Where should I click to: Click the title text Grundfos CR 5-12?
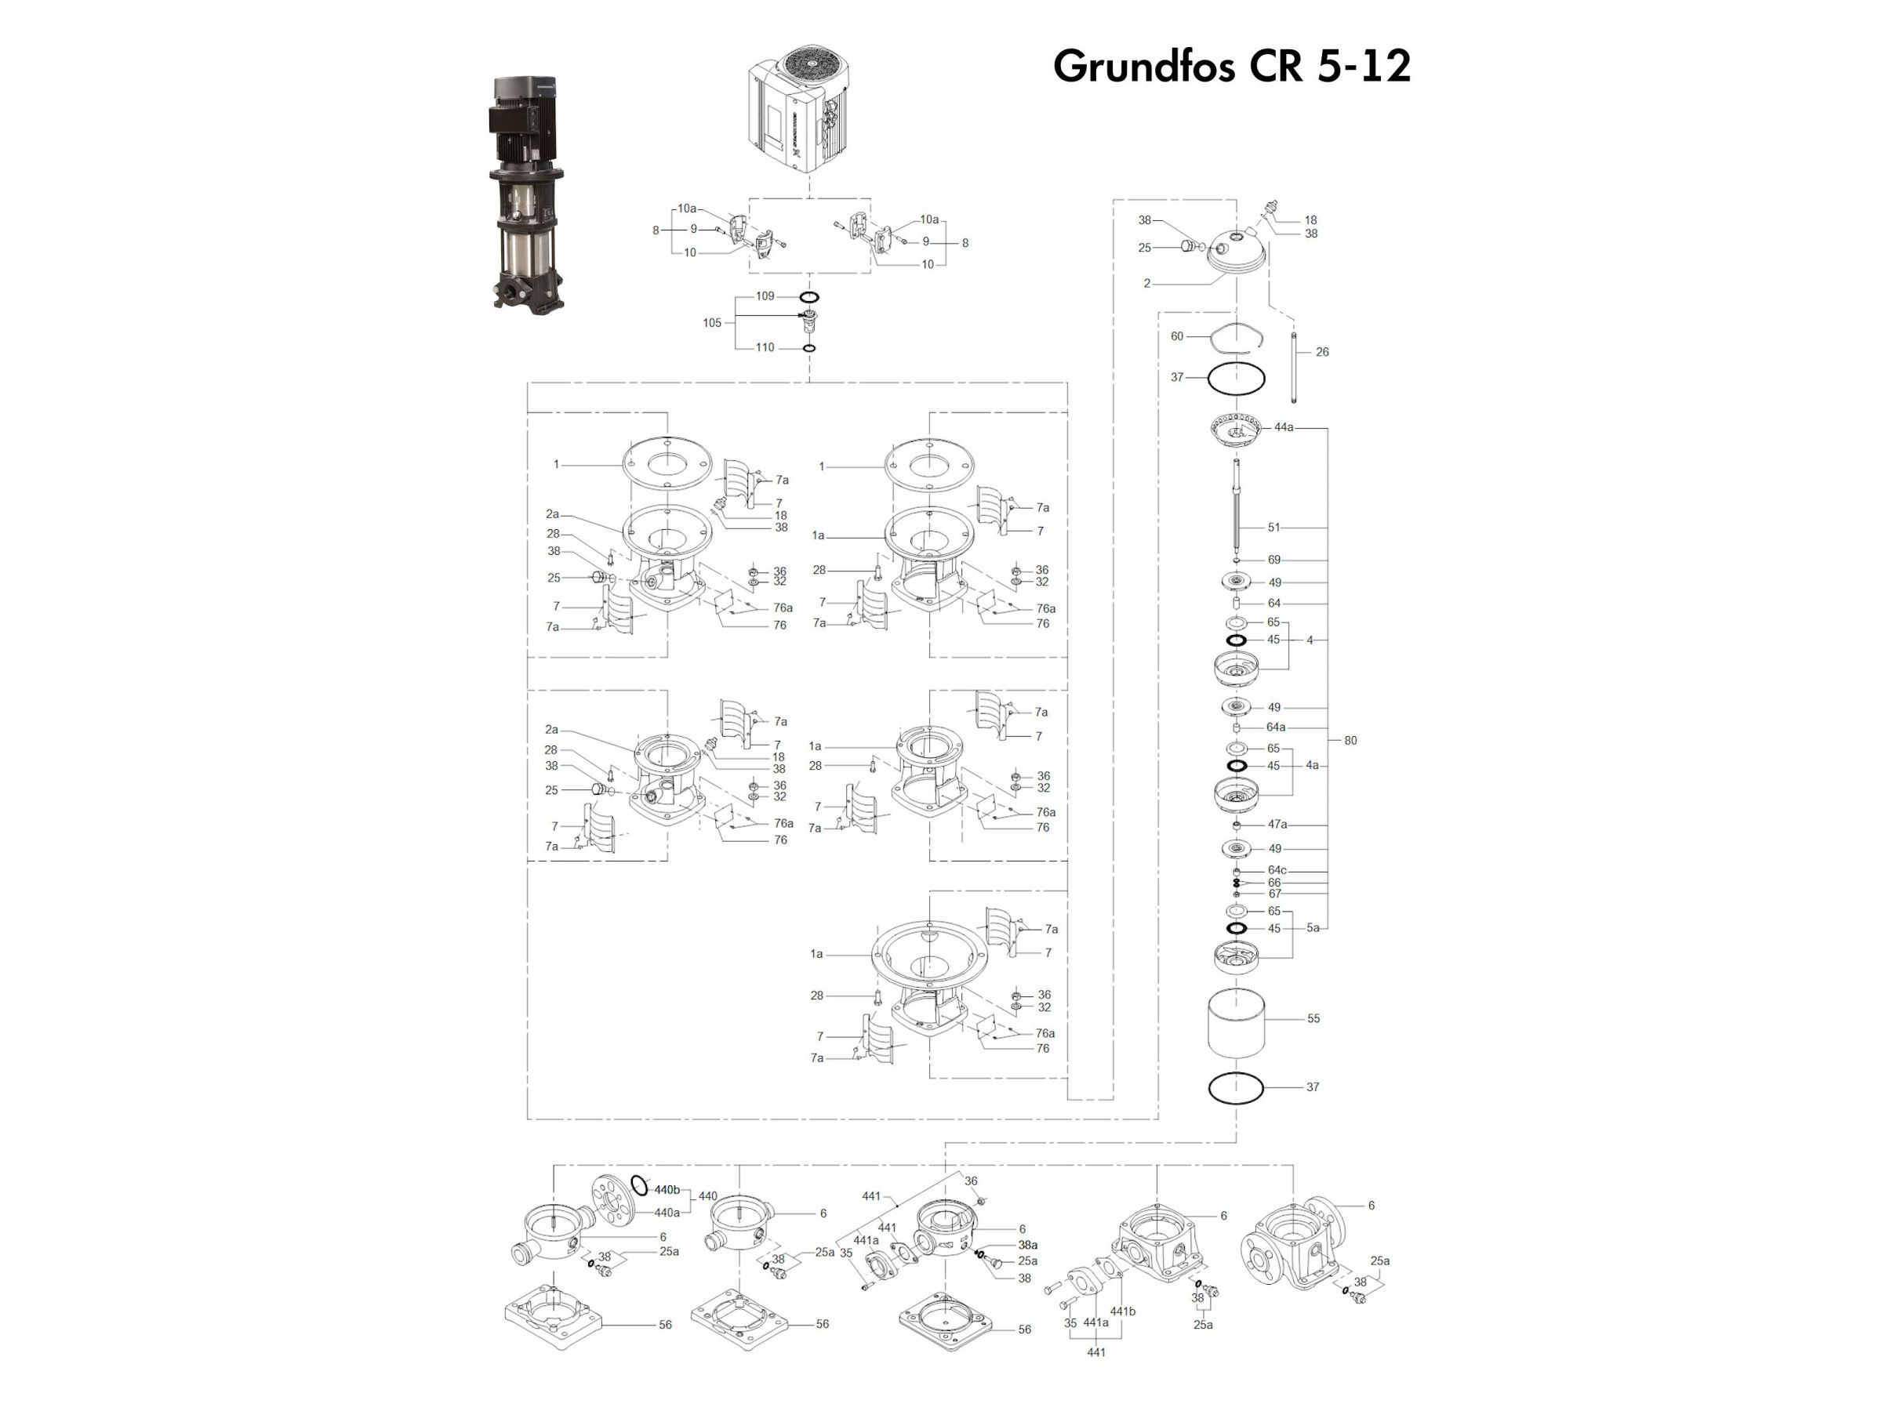click(1232, 66)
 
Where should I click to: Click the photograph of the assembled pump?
click(526, 194)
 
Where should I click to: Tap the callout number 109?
click(765, 296)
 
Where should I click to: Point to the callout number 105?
click(712, 322)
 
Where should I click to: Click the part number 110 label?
click(765, 347)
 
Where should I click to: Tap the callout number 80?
click(1350, 740)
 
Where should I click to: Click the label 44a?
click(1283, 427)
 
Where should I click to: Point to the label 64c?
click(1277, 870)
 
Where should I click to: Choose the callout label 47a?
click(1277, 824)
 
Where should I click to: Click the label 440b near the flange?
click(667, 1190)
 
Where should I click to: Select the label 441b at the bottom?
click(1122, 1311)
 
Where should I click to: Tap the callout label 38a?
click(1028, 1245)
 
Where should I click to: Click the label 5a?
click(1313, 928)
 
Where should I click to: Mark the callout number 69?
click(1273, 560)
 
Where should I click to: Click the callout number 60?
click(1177, 336)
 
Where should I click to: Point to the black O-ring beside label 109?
click(809, 297)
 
